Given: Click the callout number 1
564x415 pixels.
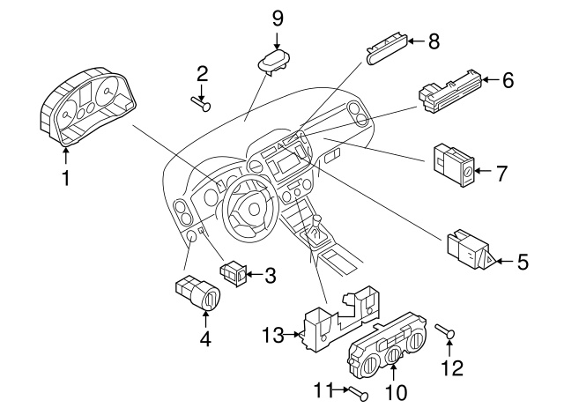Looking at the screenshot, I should (x=64, y=179).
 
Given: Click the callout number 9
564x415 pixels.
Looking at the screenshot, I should (x=278, y=18).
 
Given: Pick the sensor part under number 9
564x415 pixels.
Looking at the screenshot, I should (x=274, y=62).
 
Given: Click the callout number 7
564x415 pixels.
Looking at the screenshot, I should (x=501, y=174).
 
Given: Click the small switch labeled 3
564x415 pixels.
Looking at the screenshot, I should (x=235, y=273).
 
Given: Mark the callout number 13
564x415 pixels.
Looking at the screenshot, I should (x=272, y=335).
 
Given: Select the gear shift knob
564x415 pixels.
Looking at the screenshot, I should (x=313, y=227).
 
